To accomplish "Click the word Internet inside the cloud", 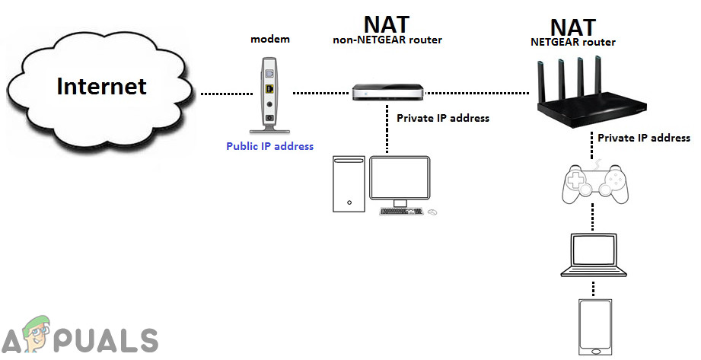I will click(101, 86).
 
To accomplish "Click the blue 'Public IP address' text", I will click(269, 146).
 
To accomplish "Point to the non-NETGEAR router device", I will click(388, 92).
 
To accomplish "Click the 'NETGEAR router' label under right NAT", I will click(572, 43).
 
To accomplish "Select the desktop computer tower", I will click(349, 184).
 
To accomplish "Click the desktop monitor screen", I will click(399, 179).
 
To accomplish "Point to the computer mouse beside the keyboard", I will click(433, 211).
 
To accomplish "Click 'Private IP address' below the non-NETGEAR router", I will click(443, 118).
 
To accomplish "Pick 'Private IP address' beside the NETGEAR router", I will click(643, 138).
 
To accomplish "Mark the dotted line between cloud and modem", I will click(222, 94).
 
